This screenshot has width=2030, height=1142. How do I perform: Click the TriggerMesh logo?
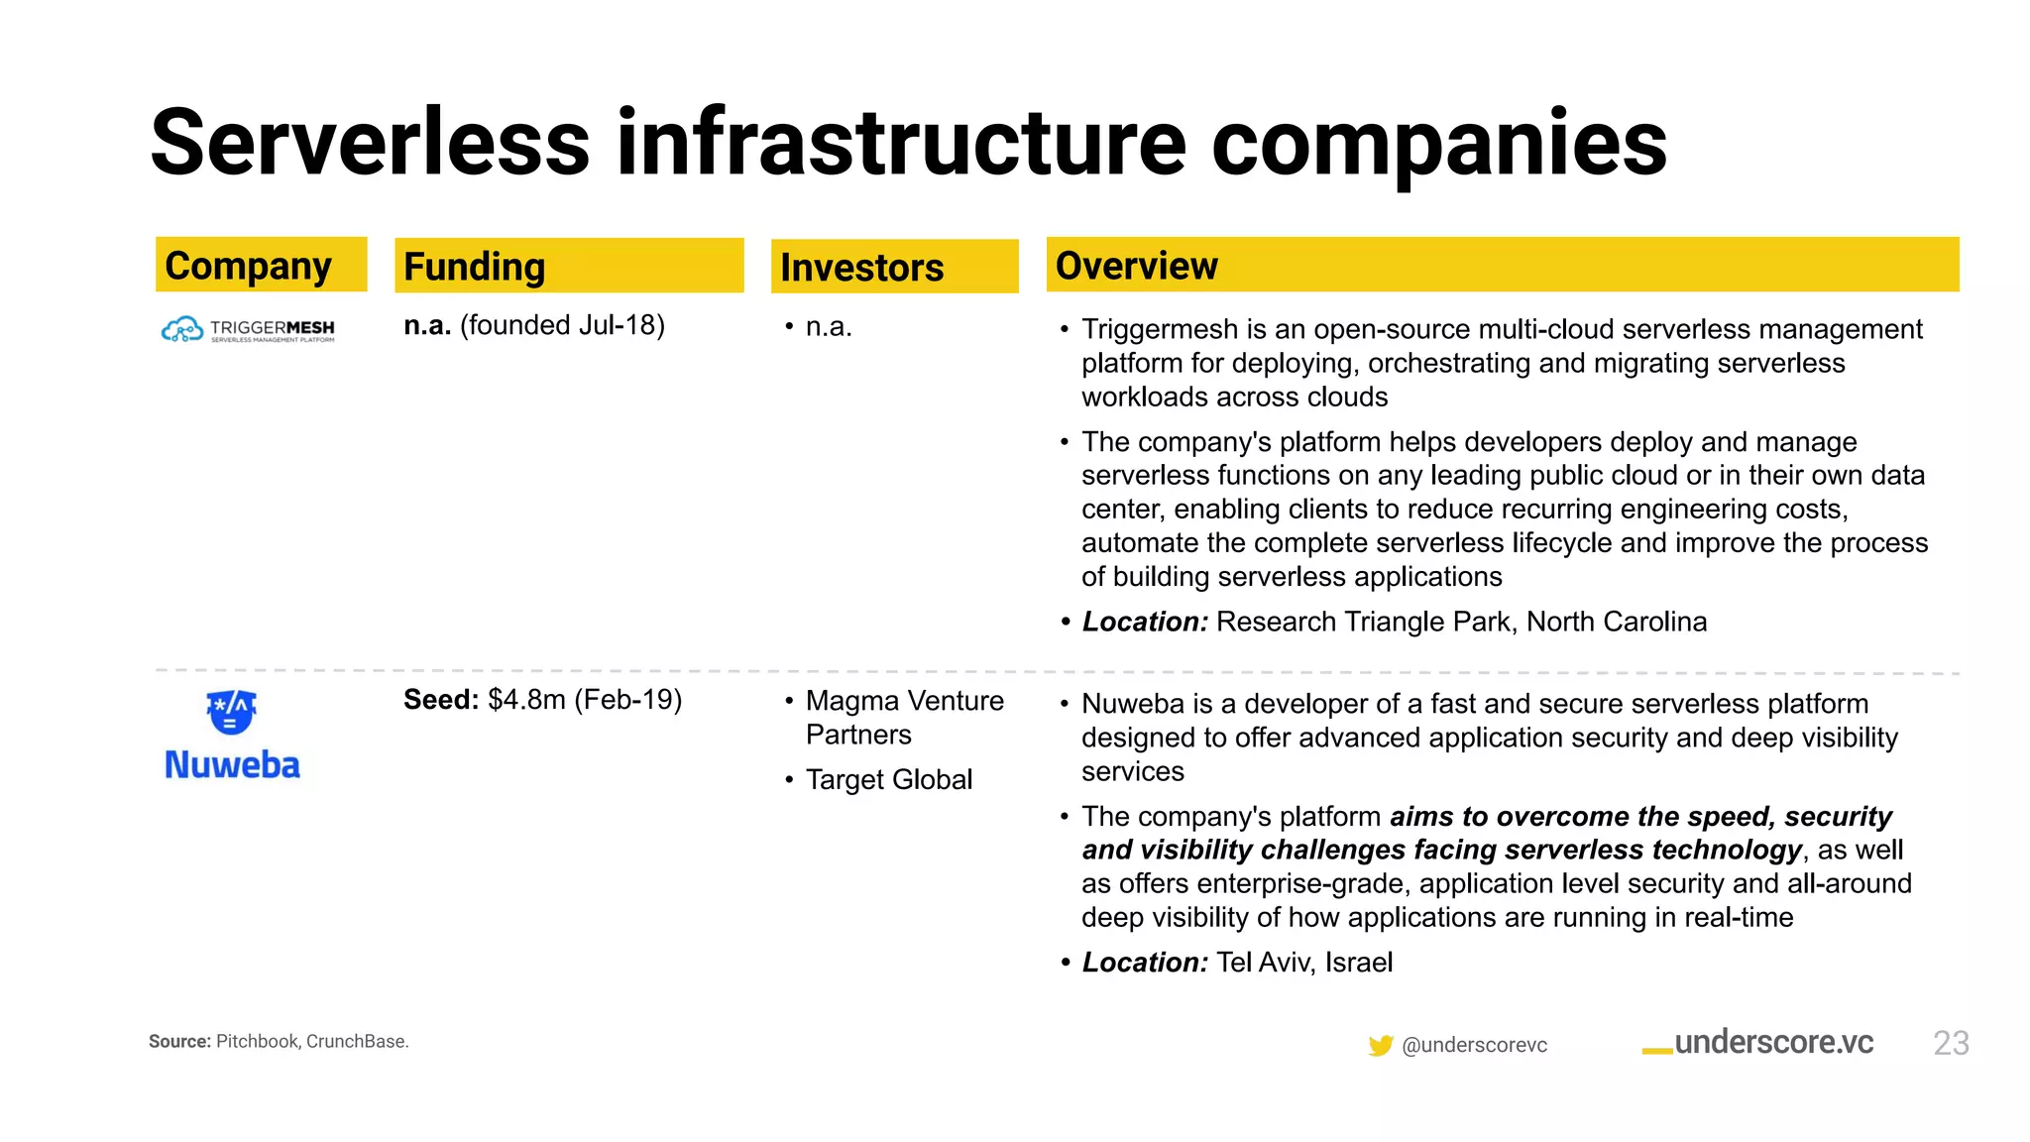click(x=248, y=329)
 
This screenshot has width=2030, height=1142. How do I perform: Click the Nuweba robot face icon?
click(x=231, y=711)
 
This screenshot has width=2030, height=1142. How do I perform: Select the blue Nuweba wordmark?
click(x=232, y=765)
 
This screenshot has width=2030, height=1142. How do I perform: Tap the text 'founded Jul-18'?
click(x=562, y=325)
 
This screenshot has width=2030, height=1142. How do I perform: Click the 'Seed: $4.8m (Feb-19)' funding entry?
click(x=542, y=700)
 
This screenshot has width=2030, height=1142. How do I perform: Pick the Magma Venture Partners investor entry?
click(x=903, y=717)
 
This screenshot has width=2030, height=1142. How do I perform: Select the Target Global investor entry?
click(x=888, y=780)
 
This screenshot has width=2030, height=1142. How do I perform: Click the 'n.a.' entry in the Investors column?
click(x=829, y=327)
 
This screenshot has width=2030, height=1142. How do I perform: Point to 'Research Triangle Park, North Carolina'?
click(x=1461, y=622)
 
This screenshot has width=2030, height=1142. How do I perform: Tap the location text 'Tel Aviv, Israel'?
click(x=1303, y=963)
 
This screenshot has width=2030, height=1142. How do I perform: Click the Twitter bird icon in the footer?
click(x=1380, y=1045)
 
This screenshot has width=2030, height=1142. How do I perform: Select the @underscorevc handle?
click(x=1474, y=1045)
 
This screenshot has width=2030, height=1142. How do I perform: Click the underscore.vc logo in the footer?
click(x=1757, y=1043)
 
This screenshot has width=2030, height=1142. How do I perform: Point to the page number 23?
click(x=1951, y=1043)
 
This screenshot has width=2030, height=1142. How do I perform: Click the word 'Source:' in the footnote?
click(x=179, y=1042)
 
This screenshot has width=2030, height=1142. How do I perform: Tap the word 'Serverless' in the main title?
click(x=370, y=145)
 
